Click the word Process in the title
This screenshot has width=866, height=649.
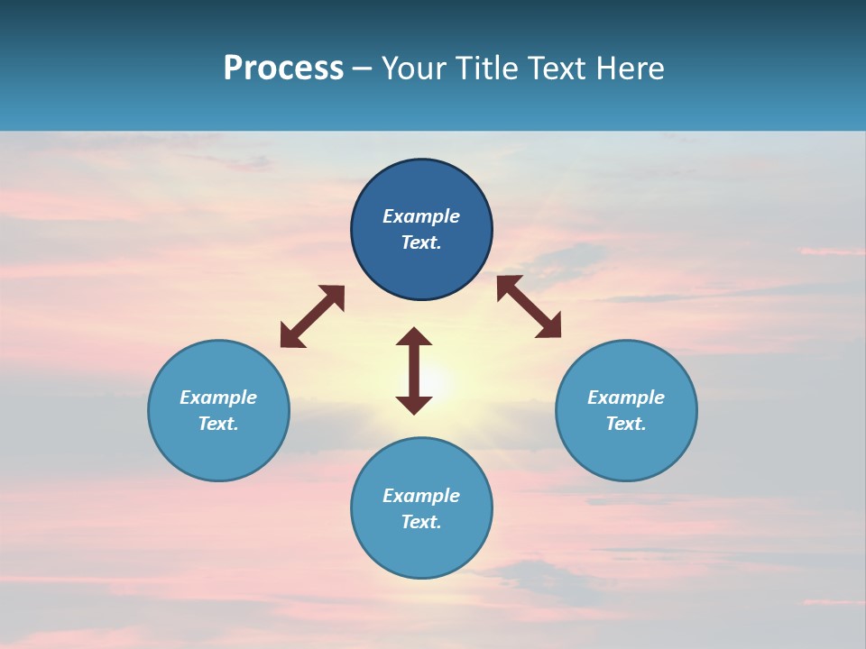tap(283, 69)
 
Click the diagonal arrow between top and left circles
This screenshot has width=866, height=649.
tap(312, 316)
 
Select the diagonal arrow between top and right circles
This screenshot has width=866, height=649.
tap(529, 306)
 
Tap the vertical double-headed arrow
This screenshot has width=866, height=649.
tap(414, 370)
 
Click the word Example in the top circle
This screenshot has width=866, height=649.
tap(421, 216)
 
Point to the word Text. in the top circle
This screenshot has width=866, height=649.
tap(421, 243)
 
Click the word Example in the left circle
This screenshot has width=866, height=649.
tap(218, 398)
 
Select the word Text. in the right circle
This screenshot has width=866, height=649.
tap(626, 424)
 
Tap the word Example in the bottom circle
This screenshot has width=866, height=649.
tap(421, 496)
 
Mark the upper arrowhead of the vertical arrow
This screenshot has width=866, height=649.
tap(414, 337)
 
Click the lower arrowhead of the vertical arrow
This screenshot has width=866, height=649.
tap(414, 404)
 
